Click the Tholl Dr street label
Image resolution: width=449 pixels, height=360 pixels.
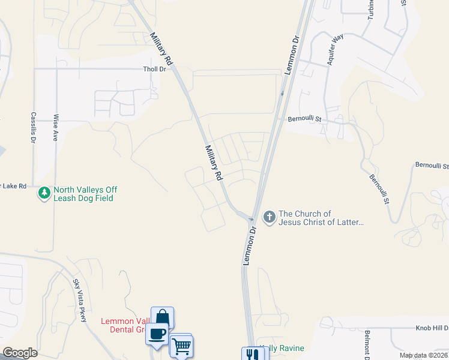pos(154,69)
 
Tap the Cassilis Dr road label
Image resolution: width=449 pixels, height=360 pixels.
pos(34,127)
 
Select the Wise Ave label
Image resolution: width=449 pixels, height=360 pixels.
pos(56,128)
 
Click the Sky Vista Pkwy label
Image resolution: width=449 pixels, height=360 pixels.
pos(80,300)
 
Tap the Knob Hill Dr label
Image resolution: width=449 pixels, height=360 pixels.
pos(432,329)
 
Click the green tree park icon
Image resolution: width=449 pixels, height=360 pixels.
pos(44,193)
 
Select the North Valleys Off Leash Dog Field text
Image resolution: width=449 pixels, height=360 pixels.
pos(85,194)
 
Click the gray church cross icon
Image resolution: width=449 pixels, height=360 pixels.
pos(270,217)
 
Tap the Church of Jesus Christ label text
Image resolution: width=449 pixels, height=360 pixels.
pos(322,218)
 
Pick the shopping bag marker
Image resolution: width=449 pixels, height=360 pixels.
pos(163,318)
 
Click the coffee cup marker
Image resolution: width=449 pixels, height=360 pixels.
pos(157,334)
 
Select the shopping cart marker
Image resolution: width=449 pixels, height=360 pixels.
pos(181,345)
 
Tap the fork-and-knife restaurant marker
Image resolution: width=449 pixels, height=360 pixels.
pos(252,354)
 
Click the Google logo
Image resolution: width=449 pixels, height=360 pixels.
pos(20,353)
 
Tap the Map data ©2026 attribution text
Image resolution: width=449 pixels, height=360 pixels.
pos(423,355)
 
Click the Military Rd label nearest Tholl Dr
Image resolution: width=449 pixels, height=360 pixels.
pos(161,49)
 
